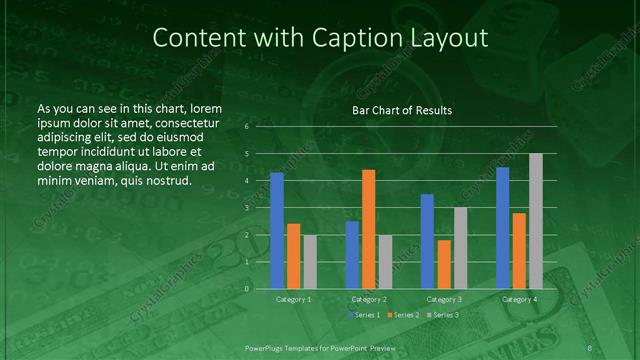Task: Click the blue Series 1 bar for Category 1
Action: (x=277, y=230)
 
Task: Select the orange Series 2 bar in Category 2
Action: (x=369, y=229)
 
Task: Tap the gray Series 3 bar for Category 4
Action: (x=536, y=221)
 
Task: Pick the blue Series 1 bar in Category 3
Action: (x=427, y=241)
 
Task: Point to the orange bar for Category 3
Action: (x=444, y=264)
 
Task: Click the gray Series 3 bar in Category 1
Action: (x=310, y=262)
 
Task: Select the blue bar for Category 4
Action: (x=503, y=228)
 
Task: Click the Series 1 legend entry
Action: (x=363, y=315)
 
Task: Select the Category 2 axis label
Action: (x=369, y=299)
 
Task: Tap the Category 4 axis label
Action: (x=519, y=299)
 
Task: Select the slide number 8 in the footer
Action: (x=590, y=347)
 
